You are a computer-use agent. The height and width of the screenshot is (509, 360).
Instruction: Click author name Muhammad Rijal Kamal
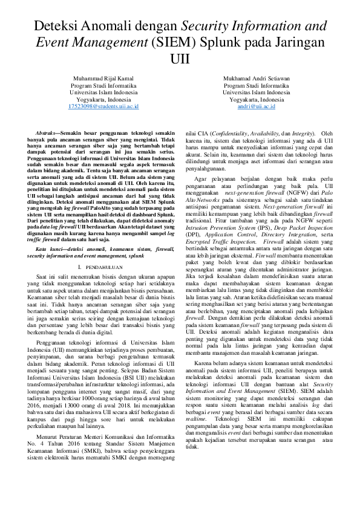(104, 79)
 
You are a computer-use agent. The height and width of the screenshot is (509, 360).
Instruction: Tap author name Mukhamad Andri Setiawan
(256, 79)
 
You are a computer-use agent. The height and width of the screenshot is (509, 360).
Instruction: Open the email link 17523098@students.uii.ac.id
(104, 106)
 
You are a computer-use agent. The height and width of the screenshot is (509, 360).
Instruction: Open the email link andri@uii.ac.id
(256, 106)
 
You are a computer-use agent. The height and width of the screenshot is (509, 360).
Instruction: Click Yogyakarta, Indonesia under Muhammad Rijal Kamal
(104, 99)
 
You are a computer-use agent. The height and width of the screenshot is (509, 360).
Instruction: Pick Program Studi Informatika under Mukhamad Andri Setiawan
(256, 86)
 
